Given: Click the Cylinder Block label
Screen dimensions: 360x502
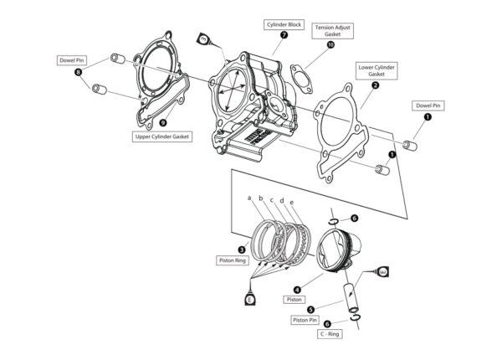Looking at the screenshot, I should pyautogui.click(x=284, y=23).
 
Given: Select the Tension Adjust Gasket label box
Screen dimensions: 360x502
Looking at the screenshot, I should pyautogui.click(x=331, y=31).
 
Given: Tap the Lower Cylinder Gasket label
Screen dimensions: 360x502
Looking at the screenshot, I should pyautogui.click(x=376, y=70).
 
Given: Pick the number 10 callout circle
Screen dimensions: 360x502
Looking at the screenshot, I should pyautogui.click(x=331, y=46).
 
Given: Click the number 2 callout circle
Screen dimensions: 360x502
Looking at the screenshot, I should pyautogui.click(x=376, y=85).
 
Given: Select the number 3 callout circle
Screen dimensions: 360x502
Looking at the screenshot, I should pyautogui.click(x=241, y=249).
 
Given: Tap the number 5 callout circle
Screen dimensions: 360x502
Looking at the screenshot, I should pyautogui.click(x=310, y=309).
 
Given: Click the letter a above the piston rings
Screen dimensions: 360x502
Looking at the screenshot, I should pyautogui.click(x=249, y=198).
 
